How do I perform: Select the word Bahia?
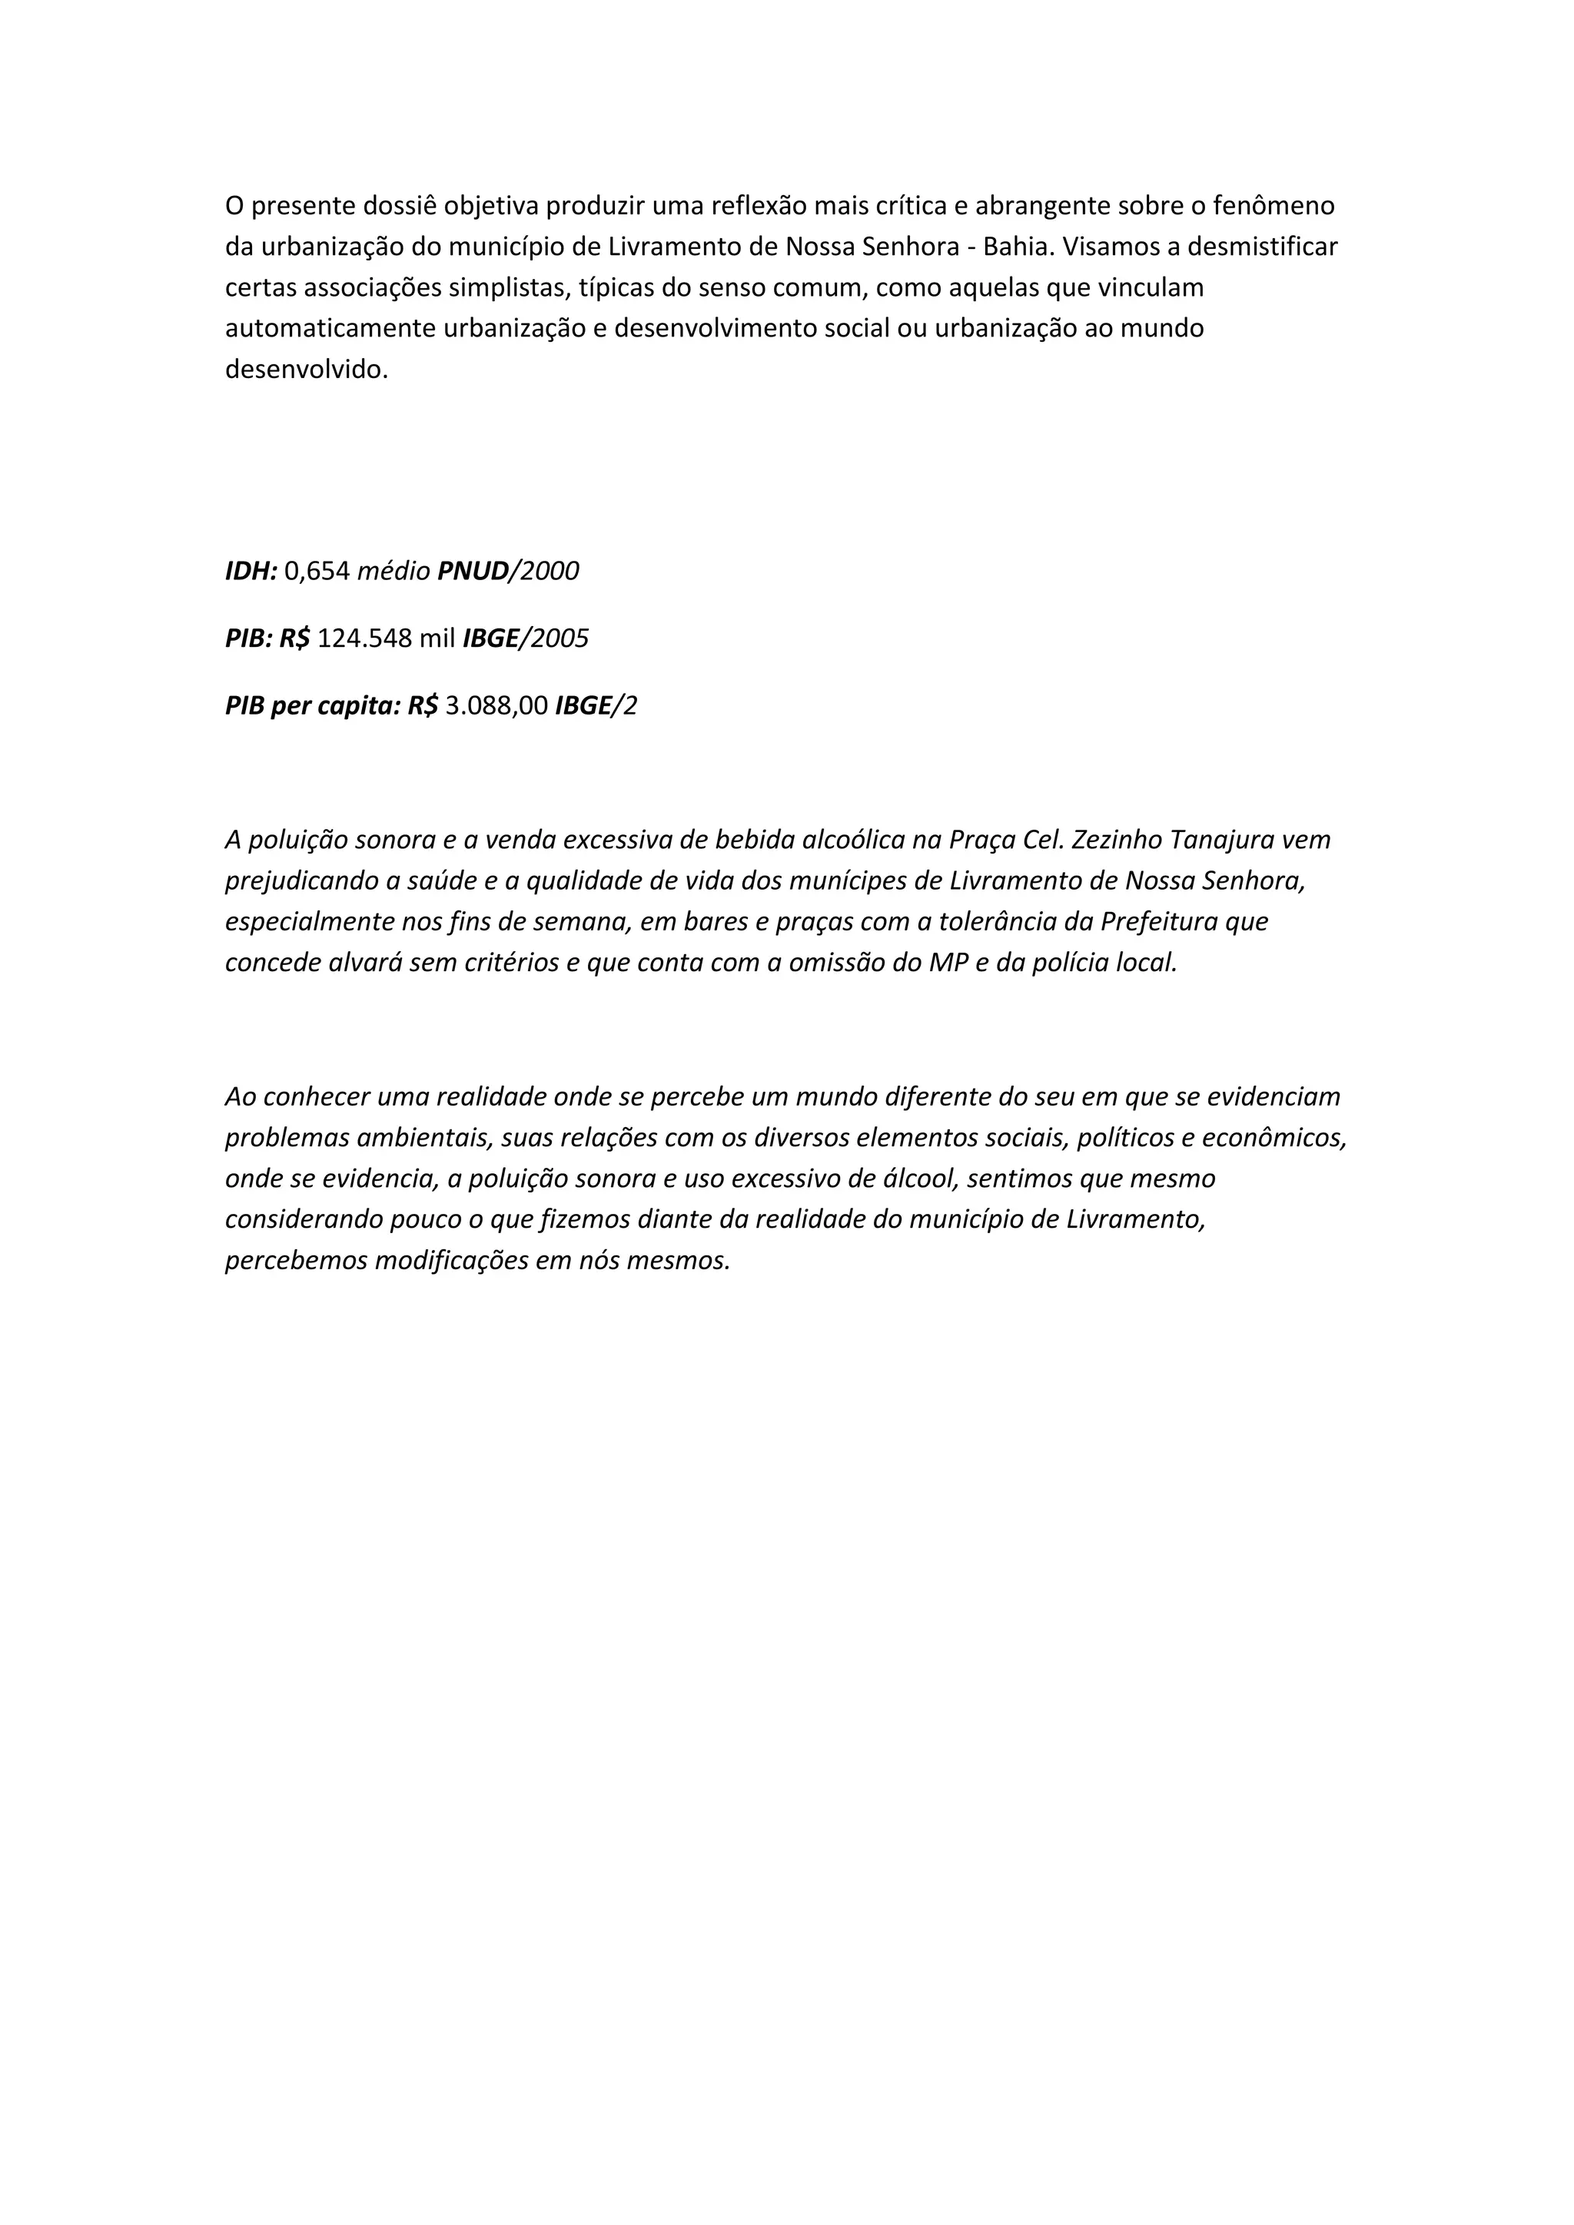pyautogui.click(x=1018, y=247)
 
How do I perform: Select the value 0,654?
pyautogui.click(x=317, y=571)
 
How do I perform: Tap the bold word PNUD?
pyautogui.click(x=473, y=571)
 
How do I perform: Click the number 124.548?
pyautogui.click(x=364, y=638)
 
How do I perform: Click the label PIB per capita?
pyautogui.click(x=312, y=707)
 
